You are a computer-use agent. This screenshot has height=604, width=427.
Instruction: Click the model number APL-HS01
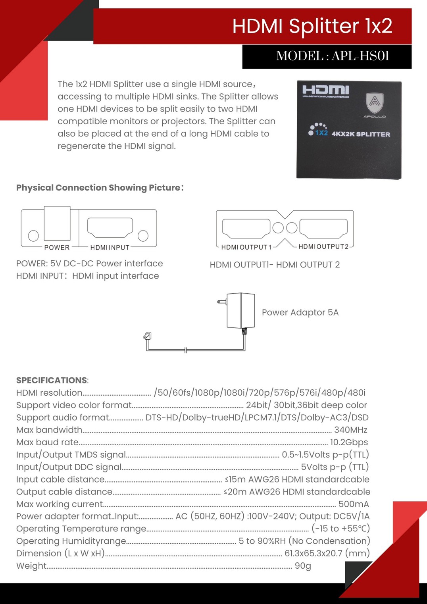(360, 56)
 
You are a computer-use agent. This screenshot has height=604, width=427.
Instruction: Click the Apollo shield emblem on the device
(375, 103)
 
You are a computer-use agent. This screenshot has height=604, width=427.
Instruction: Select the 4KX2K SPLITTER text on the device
(361, 134)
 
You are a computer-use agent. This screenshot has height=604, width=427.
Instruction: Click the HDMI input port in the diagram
(110, 227)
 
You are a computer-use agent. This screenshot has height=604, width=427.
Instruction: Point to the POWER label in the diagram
(57, 248)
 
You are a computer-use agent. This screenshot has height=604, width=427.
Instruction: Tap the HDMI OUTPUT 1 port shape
(246, 228)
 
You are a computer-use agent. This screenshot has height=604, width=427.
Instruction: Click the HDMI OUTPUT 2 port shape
(323, 228)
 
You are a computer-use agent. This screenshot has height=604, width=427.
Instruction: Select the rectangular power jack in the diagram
(57, 223)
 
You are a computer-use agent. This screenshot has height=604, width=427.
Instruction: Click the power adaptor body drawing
(240, 310)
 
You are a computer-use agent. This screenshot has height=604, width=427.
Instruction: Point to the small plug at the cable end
(147, 337)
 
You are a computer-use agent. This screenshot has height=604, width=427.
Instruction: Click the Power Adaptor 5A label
(300, 313)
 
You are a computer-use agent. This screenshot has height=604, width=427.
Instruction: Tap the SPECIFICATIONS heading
(52, 380)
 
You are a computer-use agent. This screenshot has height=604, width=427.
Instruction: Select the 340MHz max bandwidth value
(350, 430)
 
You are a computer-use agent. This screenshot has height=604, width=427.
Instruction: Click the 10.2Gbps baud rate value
(349, 442)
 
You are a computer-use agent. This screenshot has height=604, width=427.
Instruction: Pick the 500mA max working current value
(353, 504)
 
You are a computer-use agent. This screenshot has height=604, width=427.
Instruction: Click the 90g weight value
(303, 566)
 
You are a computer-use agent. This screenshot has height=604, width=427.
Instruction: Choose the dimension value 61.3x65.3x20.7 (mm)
(327, 553)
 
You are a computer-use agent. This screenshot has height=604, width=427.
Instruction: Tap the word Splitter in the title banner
(324, 26)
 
